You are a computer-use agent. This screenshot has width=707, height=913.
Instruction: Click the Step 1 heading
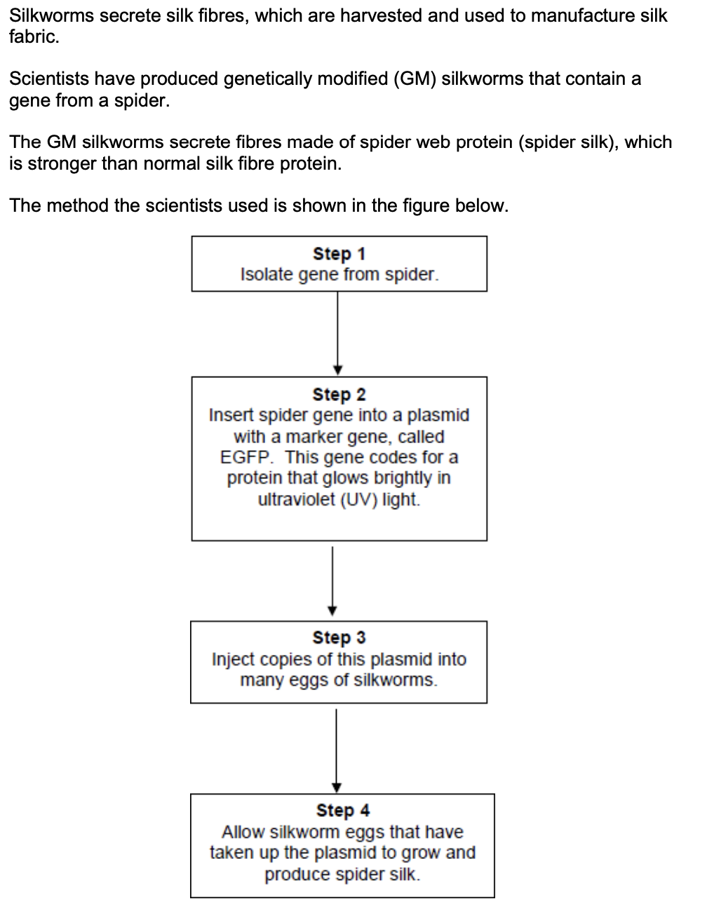(339, 253)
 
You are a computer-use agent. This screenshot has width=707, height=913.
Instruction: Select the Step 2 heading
(339, 394)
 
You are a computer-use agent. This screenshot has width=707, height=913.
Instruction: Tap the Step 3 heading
(339, 637)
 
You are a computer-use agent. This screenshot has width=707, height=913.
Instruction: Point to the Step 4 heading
(343, 810)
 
